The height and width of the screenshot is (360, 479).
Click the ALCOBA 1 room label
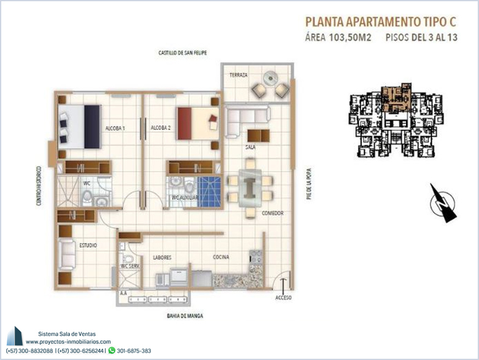point(115,128)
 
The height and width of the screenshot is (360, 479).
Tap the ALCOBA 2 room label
point(161,128)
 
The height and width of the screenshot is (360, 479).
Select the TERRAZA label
point(239,75)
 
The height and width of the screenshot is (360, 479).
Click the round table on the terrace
point(271,77)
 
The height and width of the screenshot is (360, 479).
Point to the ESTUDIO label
point(88,245)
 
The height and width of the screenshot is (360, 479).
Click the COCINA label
point(221,257)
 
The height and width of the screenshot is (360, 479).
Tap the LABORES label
point(162,257)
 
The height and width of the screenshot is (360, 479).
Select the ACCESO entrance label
point(284,298)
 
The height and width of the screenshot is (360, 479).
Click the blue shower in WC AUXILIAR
point(209,192)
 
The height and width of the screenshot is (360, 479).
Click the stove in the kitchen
point(255,257)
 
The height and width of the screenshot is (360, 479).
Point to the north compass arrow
point(443,203)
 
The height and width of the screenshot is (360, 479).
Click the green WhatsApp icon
point(112,351)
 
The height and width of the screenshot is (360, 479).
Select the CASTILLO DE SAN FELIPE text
point(182,53)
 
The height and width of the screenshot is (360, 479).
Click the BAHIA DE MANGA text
point(185,316)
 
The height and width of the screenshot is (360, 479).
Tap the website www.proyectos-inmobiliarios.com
point(68,342)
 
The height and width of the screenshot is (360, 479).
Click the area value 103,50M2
point(350,37)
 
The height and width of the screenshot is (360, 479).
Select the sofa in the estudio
point(66,254)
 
